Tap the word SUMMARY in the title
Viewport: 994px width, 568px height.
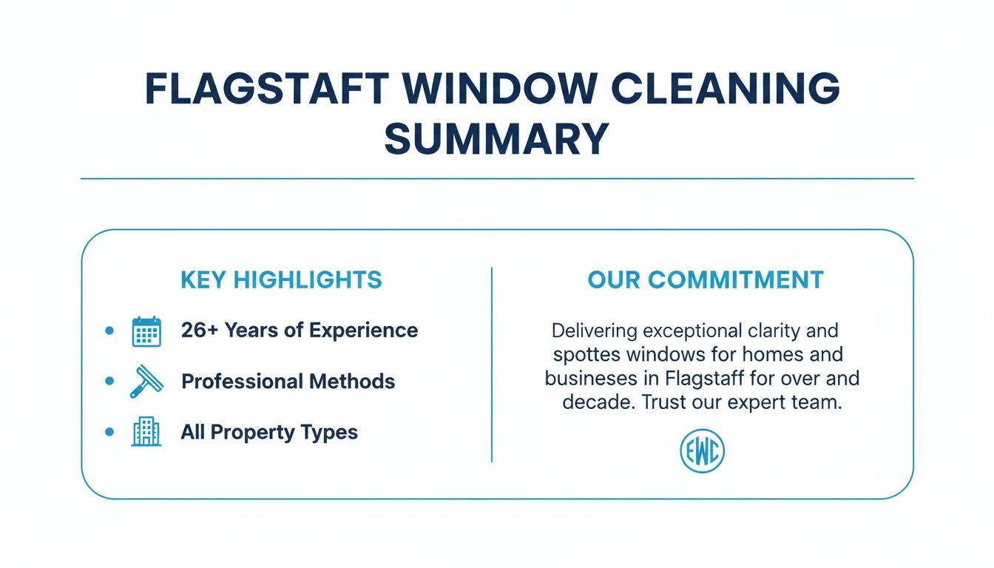(496, 138)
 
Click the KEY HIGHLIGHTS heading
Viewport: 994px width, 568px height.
(281, 280)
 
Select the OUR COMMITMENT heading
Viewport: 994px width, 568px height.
(706, 280)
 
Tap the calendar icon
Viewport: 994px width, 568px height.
(146, 331)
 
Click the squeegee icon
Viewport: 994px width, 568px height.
(146, 382)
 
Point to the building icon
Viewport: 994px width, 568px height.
(146, 432)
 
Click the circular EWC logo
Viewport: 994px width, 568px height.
(702, 452)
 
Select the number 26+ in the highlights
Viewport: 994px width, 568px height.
(199, 331)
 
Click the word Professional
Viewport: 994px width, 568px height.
(242, 382)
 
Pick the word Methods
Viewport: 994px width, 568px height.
(351, 382)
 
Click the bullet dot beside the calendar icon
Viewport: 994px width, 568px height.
(110, 331)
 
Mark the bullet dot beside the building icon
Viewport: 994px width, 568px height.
(110, 432)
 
